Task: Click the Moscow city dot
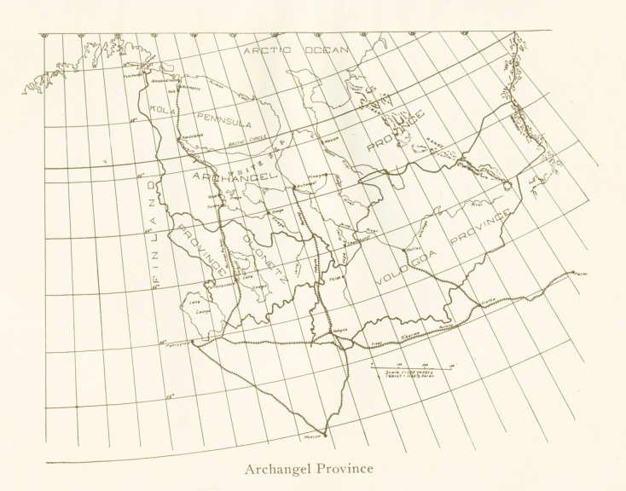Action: [x=325, y=435]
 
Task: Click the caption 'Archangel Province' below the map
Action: [x=308, y=470]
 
